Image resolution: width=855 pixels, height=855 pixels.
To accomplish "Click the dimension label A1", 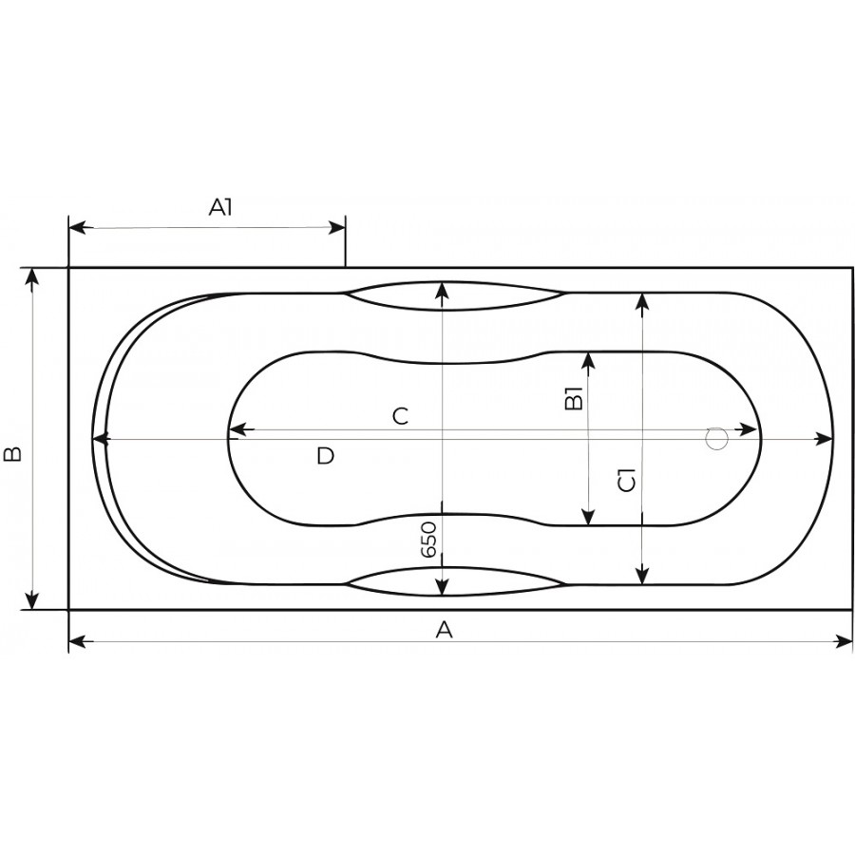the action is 220,207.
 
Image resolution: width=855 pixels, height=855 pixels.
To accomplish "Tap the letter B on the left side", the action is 12,454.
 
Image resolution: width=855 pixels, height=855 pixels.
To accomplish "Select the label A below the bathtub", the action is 445,630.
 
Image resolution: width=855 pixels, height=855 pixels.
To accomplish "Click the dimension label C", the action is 400,417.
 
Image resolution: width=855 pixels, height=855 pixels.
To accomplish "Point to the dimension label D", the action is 325,455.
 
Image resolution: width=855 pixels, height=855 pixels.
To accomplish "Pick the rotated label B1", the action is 574,399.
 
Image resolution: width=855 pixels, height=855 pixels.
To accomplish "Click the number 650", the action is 429,540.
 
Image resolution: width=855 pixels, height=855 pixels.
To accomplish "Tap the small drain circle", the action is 716,438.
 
